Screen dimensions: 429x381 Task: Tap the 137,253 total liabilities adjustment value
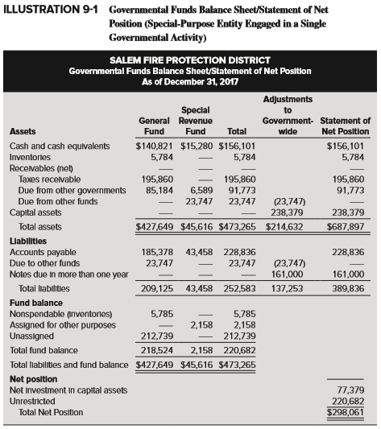pos(287,287)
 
